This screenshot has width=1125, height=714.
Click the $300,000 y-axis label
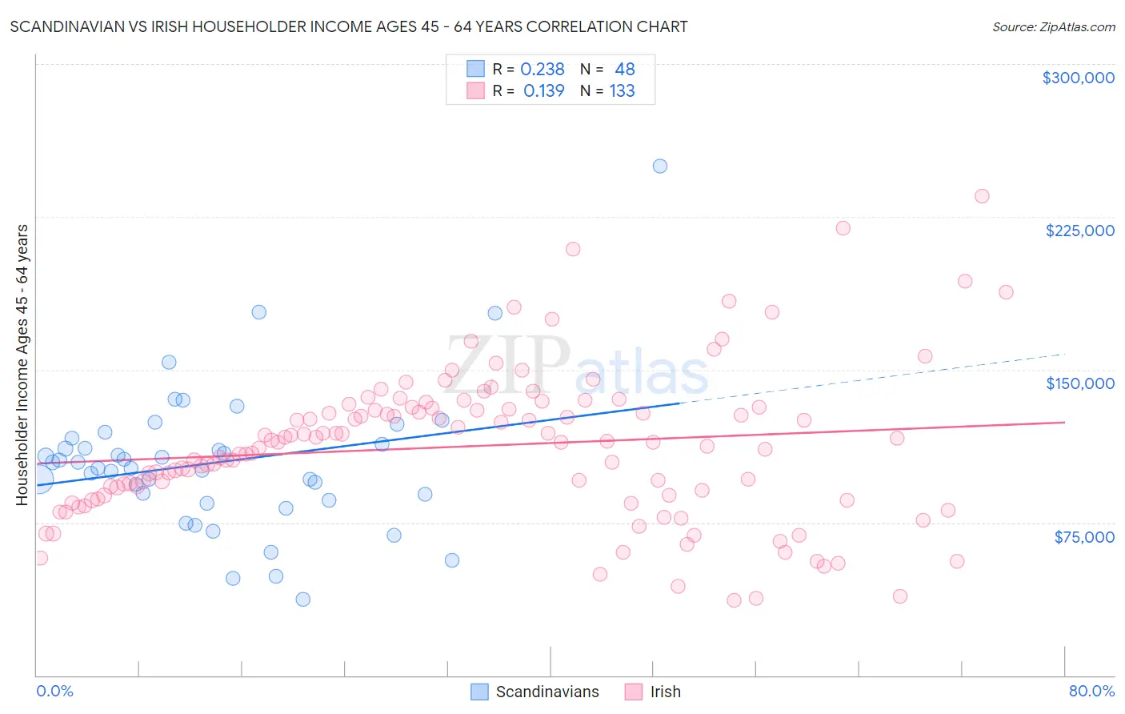click(1078, 78)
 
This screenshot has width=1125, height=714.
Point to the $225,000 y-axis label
click(1079, 231)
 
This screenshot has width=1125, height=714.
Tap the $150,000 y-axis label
click(1079, 383)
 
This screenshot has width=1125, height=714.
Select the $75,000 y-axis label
click(1083, 537)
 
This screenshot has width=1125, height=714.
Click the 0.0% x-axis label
click(54, 691)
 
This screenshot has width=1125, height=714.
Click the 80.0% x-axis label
click(1091, 691)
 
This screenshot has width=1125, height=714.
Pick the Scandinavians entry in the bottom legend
click(547, 692)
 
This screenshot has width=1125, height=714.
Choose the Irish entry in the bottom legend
click(665, 692)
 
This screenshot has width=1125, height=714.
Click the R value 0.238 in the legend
click(542, 70)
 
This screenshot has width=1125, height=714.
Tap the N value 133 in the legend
click(622, 91)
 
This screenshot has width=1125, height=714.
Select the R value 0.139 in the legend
click(544, 91)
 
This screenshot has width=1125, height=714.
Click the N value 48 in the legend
click(624, 70)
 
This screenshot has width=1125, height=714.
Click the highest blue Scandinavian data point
click(660, 166)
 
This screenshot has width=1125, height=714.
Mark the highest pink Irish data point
click(982, 196)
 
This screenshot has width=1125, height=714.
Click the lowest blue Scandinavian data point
click(302, 599)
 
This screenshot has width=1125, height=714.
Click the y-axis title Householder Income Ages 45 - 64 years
click(22, 365)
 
